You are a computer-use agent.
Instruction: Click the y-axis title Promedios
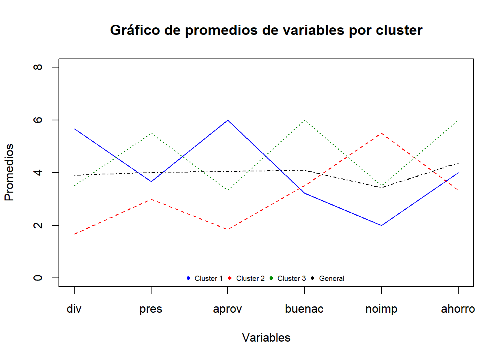point(9,172)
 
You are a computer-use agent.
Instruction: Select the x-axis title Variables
point(266,337)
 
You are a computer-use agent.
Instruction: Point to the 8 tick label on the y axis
point(38,67)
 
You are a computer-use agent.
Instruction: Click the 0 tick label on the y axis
point(38,278)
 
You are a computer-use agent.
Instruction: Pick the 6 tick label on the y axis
point(38,120)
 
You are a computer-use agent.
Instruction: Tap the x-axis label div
point(74,309)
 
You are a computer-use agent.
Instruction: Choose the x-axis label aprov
point(227,309)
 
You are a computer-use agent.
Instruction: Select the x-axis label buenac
point(304,309)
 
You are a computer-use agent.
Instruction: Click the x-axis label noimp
point(381,309)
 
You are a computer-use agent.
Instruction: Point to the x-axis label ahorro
point(458,309)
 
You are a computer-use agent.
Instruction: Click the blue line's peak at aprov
point(228,120)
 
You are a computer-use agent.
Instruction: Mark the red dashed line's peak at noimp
point(381,133)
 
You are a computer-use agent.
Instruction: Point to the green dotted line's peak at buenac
point(304,120)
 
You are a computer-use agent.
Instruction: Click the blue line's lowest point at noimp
point(381,225)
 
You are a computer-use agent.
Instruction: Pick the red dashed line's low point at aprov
point(228,229)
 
